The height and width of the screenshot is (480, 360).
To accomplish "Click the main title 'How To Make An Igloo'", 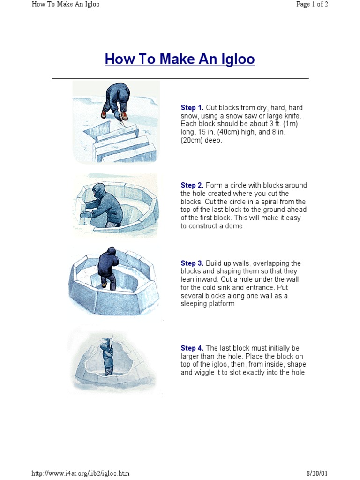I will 180,60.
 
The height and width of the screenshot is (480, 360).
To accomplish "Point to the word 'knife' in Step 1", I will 292,116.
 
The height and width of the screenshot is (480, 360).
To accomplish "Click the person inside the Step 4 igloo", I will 108,359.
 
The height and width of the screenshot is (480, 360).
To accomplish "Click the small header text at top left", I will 65,5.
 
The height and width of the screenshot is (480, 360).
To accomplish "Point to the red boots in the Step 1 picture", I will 114,115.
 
